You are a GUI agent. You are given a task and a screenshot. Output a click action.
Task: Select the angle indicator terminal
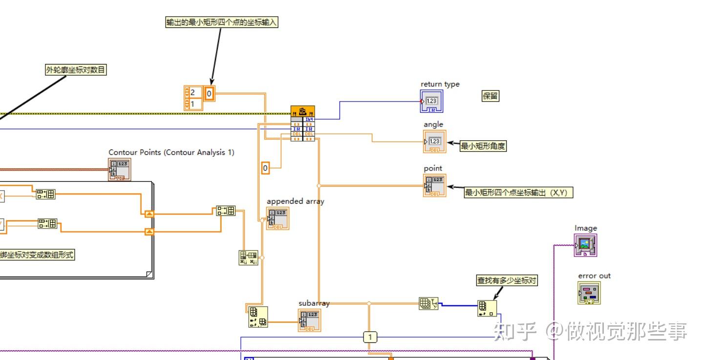(x=434, y=142)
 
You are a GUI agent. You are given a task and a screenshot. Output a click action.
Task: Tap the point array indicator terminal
(x=434, y=185)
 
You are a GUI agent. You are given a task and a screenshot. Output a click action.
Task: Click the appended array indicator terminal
(x=277, y=218)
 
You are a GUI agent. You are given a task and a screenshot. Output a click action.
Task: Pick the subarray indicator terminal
(x=309, y=320)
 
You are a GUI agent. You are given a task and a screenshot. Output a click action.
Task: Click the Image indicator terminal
(x=585, y=245)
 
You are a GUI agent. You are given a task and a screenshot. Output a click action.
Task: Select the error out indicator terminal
(x=589, y=293)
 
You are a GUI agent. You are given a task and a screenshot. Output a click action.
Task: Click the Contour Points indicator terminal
(x=119, y=169)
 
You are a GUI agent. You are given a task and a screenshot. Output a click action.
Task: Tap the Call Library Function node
(x=302, y=124)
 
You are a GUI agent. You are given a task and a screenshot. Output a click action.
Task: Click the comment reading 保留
(x=490, y=96)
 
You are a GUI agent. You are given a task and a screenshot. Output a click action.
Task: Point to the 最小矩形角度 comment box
(x=483, y=146)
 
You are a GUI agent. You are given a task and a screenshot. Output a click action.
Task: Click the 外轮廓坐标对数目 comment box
(x=76, y=70)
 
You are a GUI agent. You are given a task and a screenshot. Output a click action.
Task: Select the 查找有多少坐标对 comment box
(x=507, y=280)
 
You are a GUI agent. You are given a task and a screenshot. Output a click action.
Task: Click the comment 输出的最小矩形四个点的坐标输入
(x=222, y=22)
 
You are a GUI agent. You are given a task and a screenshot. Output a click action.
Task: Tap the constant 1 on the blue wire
(x=370, y=337)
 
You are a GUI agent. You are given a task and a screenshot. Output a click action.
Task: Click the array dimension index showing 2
(x=193, y=92)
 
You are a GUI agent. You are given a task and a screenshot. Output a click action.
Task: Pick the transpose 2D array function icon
(x=248, y=257)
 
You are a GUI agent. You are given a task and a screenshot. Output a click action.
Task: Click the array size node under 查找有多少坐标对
(x=487, y=308)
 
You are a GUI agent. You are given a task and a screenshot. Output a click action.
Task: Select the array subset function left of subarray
(x=257, y=317)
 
